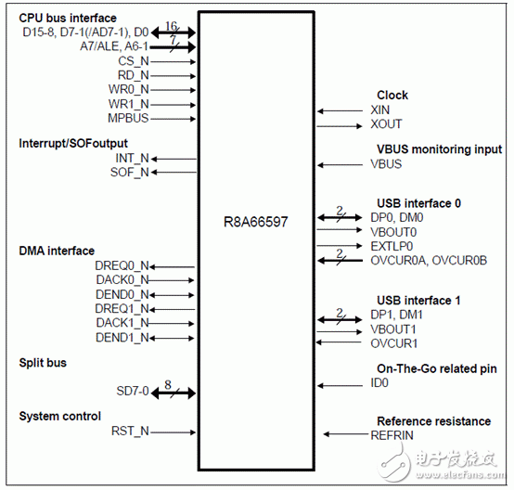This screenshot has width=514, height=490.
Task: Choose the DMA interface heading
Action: click(x=57, y=251)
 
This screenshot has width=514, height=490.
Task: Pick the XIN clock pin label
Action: click(x=380, y=110)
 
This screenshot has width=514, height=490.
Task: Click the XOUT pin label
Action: click(x=386, y=124)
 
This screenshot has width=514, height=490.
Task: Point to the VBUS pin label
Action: click(x=387, y=164)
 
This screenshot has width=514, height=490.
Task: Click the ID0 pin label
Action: click(x=379, y=383)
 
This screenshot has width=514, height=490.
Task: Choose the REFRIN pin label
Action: click(x=392, y=435)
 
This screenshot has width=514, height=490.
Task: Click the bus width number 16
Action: click(x=171, y=25)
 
